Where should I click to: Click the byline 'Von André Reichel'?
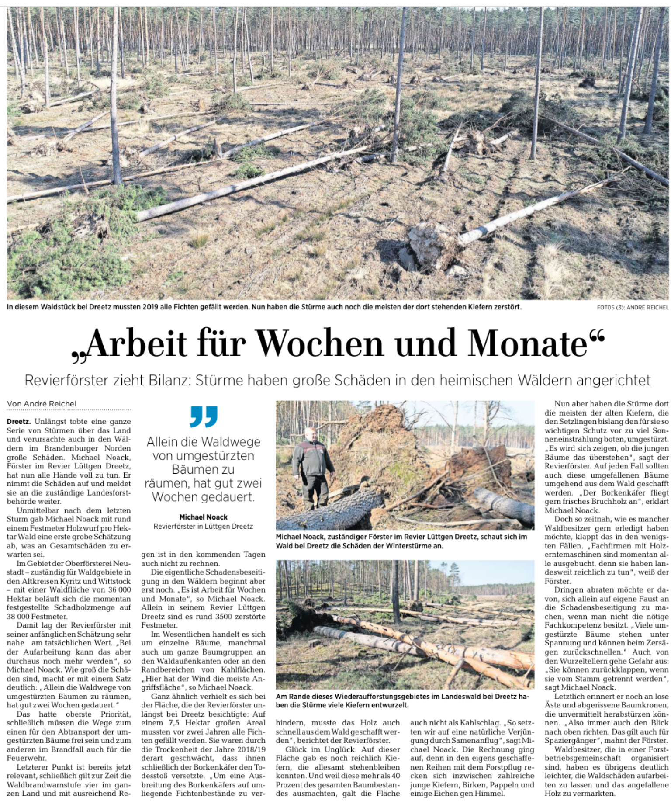click(x=42, y=404)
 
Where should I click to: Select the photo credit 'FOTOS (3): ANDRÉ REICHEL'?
click(x=632, y=308)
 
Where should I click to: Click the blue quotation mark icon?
click(x=204, y=416)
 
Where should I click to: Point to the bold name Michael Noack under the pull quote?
click(x=203, y=517)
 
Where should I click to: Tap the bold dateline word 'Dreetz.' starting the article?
click(x=19, y=422)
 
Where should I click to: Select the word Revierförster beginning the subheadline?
click(x=65, y=380)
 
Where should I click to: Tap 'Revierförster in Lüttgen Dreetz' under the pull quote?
click(x=203, y=526)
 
